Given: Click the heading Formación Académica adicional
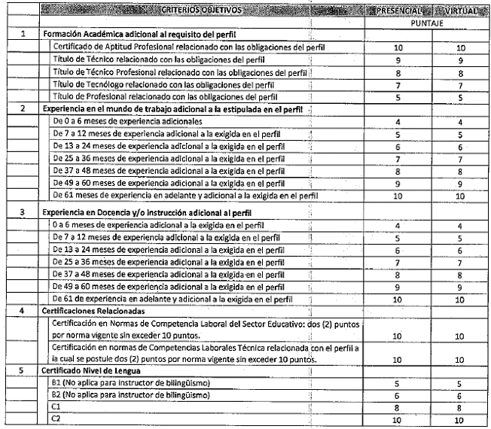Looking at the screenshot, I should [151, 35].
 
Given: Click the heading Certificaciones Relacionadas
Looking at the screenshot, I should [98, 308].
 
